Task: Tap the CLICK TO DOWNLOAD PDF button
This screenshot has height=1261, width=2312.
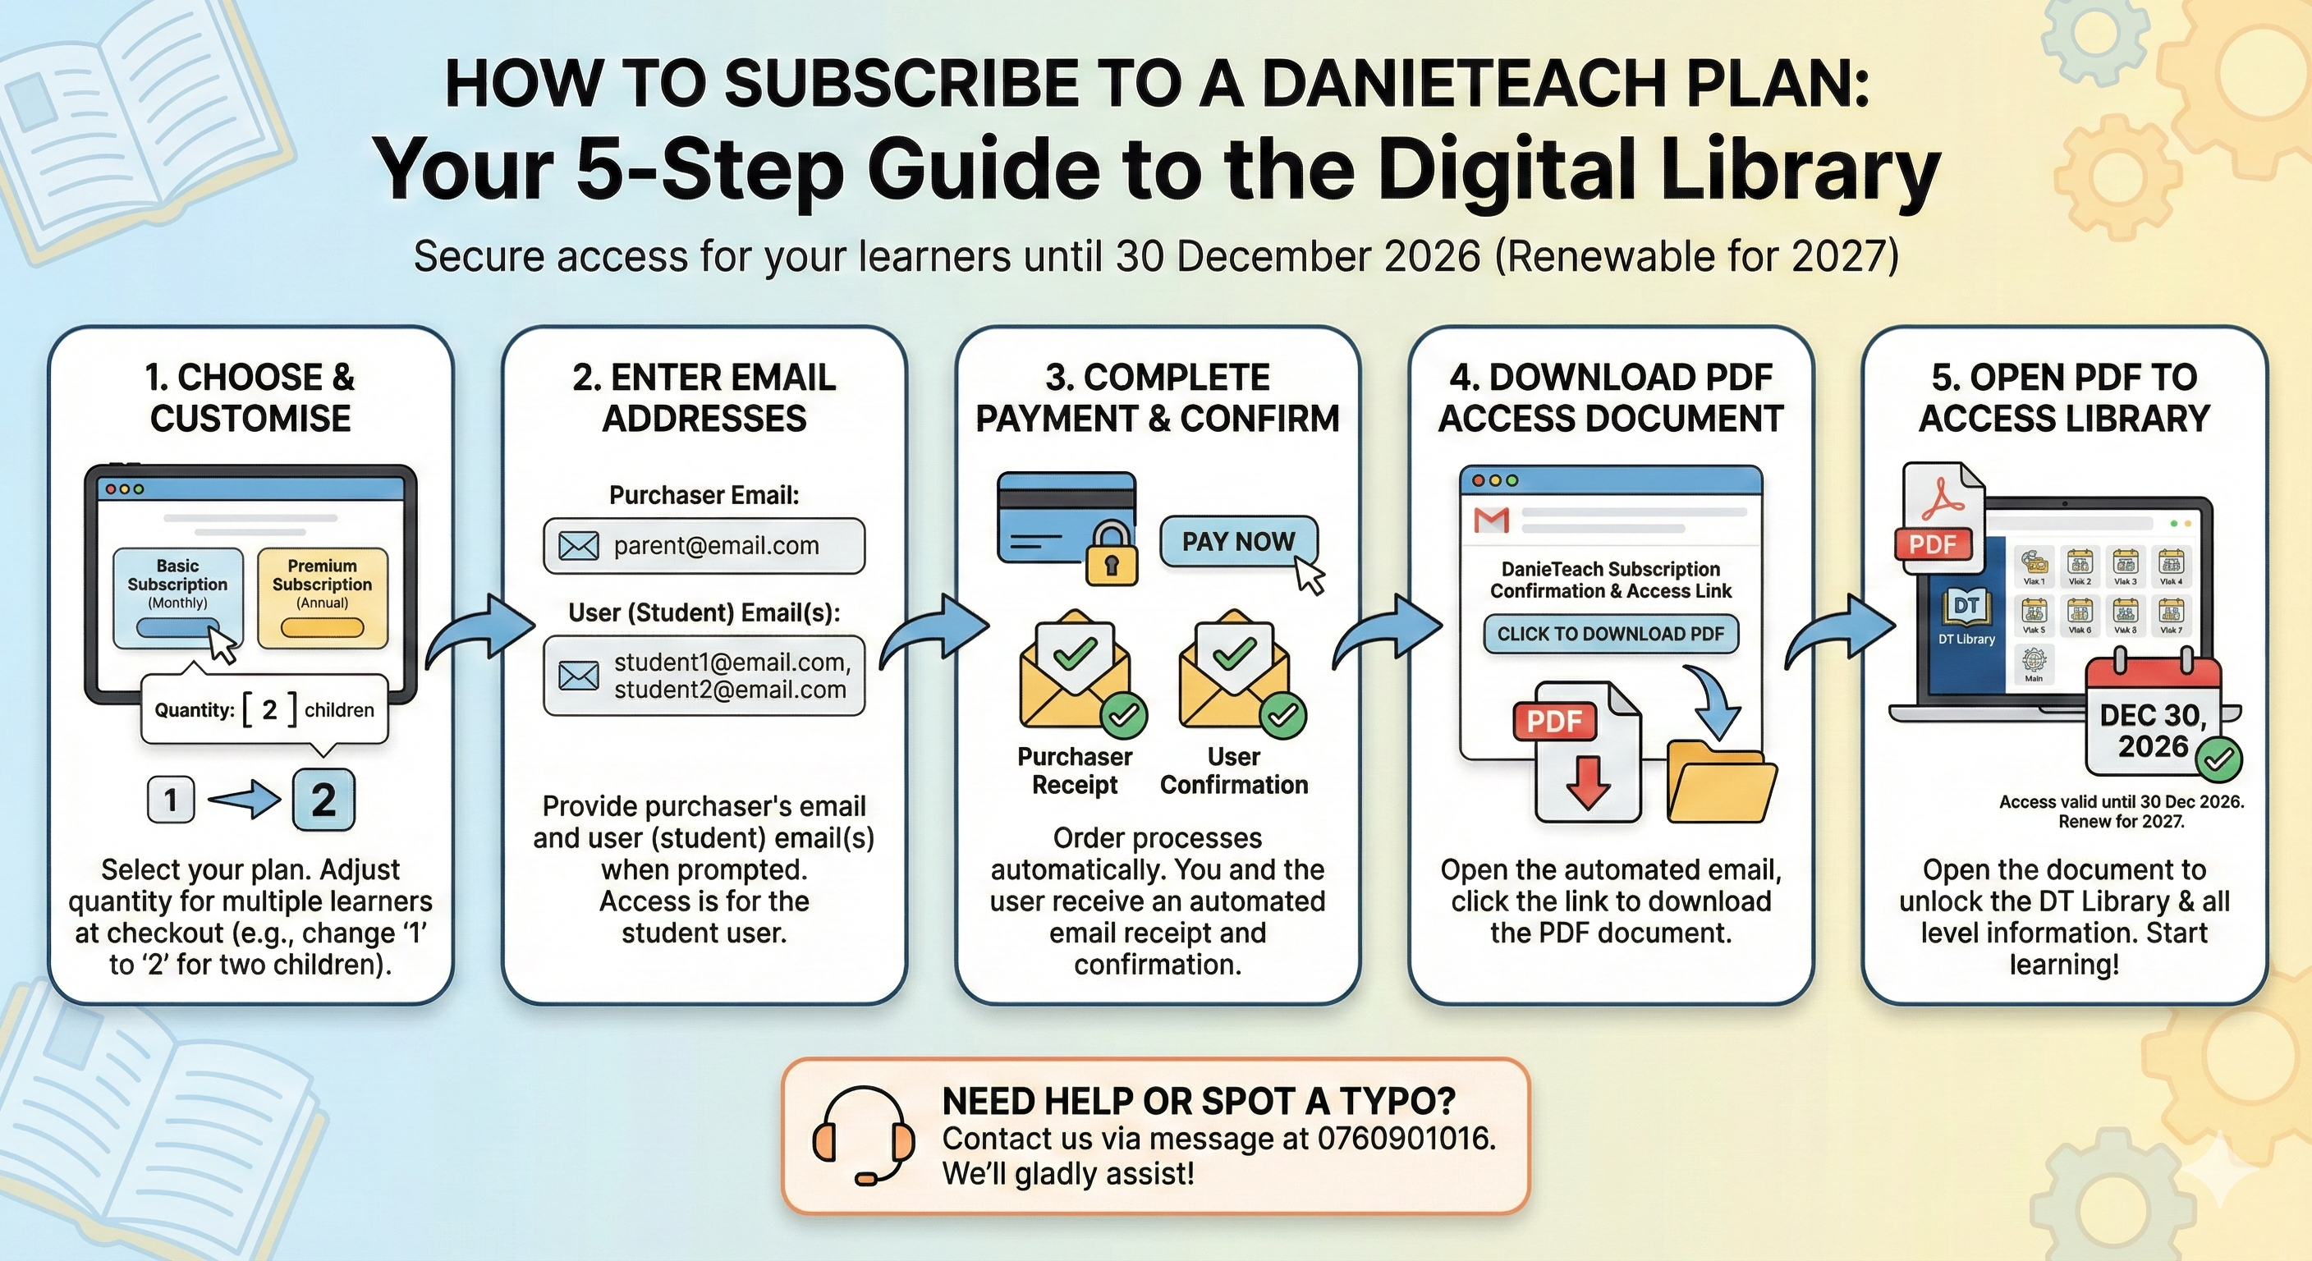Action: pos(1610,634)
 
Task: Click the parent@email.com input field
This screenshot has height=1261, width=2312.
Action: pos(704,546)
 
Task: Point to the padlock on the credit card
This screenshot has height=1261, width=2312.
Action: pos(1111,556)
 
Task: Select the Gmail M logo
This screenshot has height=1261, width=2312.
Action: pos(1492,520)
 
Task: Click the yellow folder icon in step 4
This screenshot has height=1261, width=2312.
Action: pos(1721,782)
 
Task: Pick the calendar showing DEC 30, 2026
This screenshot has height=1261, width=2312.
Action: pos(2154,718)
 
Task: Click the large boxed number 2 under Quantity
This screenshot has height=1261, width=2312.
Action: pos(323,800)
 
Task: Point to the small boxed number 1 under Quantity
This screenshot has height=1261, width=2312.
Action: pos(171,800)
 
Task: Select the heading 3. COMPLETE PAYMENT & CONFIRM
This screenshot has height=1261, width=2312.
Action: pos(1157,397)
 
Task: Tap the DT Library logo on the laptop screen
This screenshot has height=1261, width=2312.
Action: pos(1966,615)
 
